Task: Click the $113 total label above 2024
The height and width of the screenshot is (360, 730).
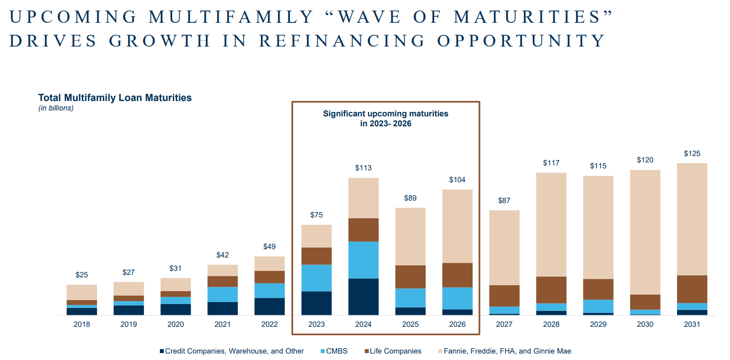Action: [x=363, y=168]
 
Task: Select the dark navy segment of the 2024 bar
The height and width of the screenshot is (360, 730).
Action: [x=363, y=296]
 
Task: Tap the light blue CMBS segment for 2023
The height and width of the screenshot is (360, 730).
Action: [x=316, y=278]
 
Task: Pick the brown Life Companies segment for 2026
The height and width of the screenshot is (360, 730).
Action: [x=457, y=275]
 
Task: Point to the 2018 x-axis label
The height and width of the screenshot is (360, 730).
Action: [x=82, y=324]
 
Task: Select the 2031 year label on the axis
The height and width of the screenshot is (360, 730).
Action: [x=692, y=324]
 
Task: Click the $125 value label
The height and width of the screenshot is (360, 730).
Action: [x=692, y=154]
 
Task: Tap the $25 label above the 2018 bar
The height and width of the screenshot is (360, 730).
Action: [x=82, y=275]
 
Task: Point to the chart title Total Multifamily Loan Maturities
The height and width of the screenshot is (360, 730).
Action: [x=115, y=98]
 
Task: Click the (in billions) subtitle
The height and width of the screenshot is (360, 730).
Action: [x=56, y=108]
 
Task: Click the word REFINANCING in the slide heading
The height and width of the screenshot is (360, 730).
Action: [x=342, y=41]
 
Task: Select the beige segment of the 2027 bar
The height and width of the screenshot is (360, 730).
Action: [x=504, y=247]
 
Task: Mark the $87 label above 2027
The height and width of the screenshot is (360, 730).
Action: [x=504, y=201]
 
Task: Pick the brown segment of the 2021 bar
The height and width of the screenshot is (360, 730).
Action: [x=222, y=281]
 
